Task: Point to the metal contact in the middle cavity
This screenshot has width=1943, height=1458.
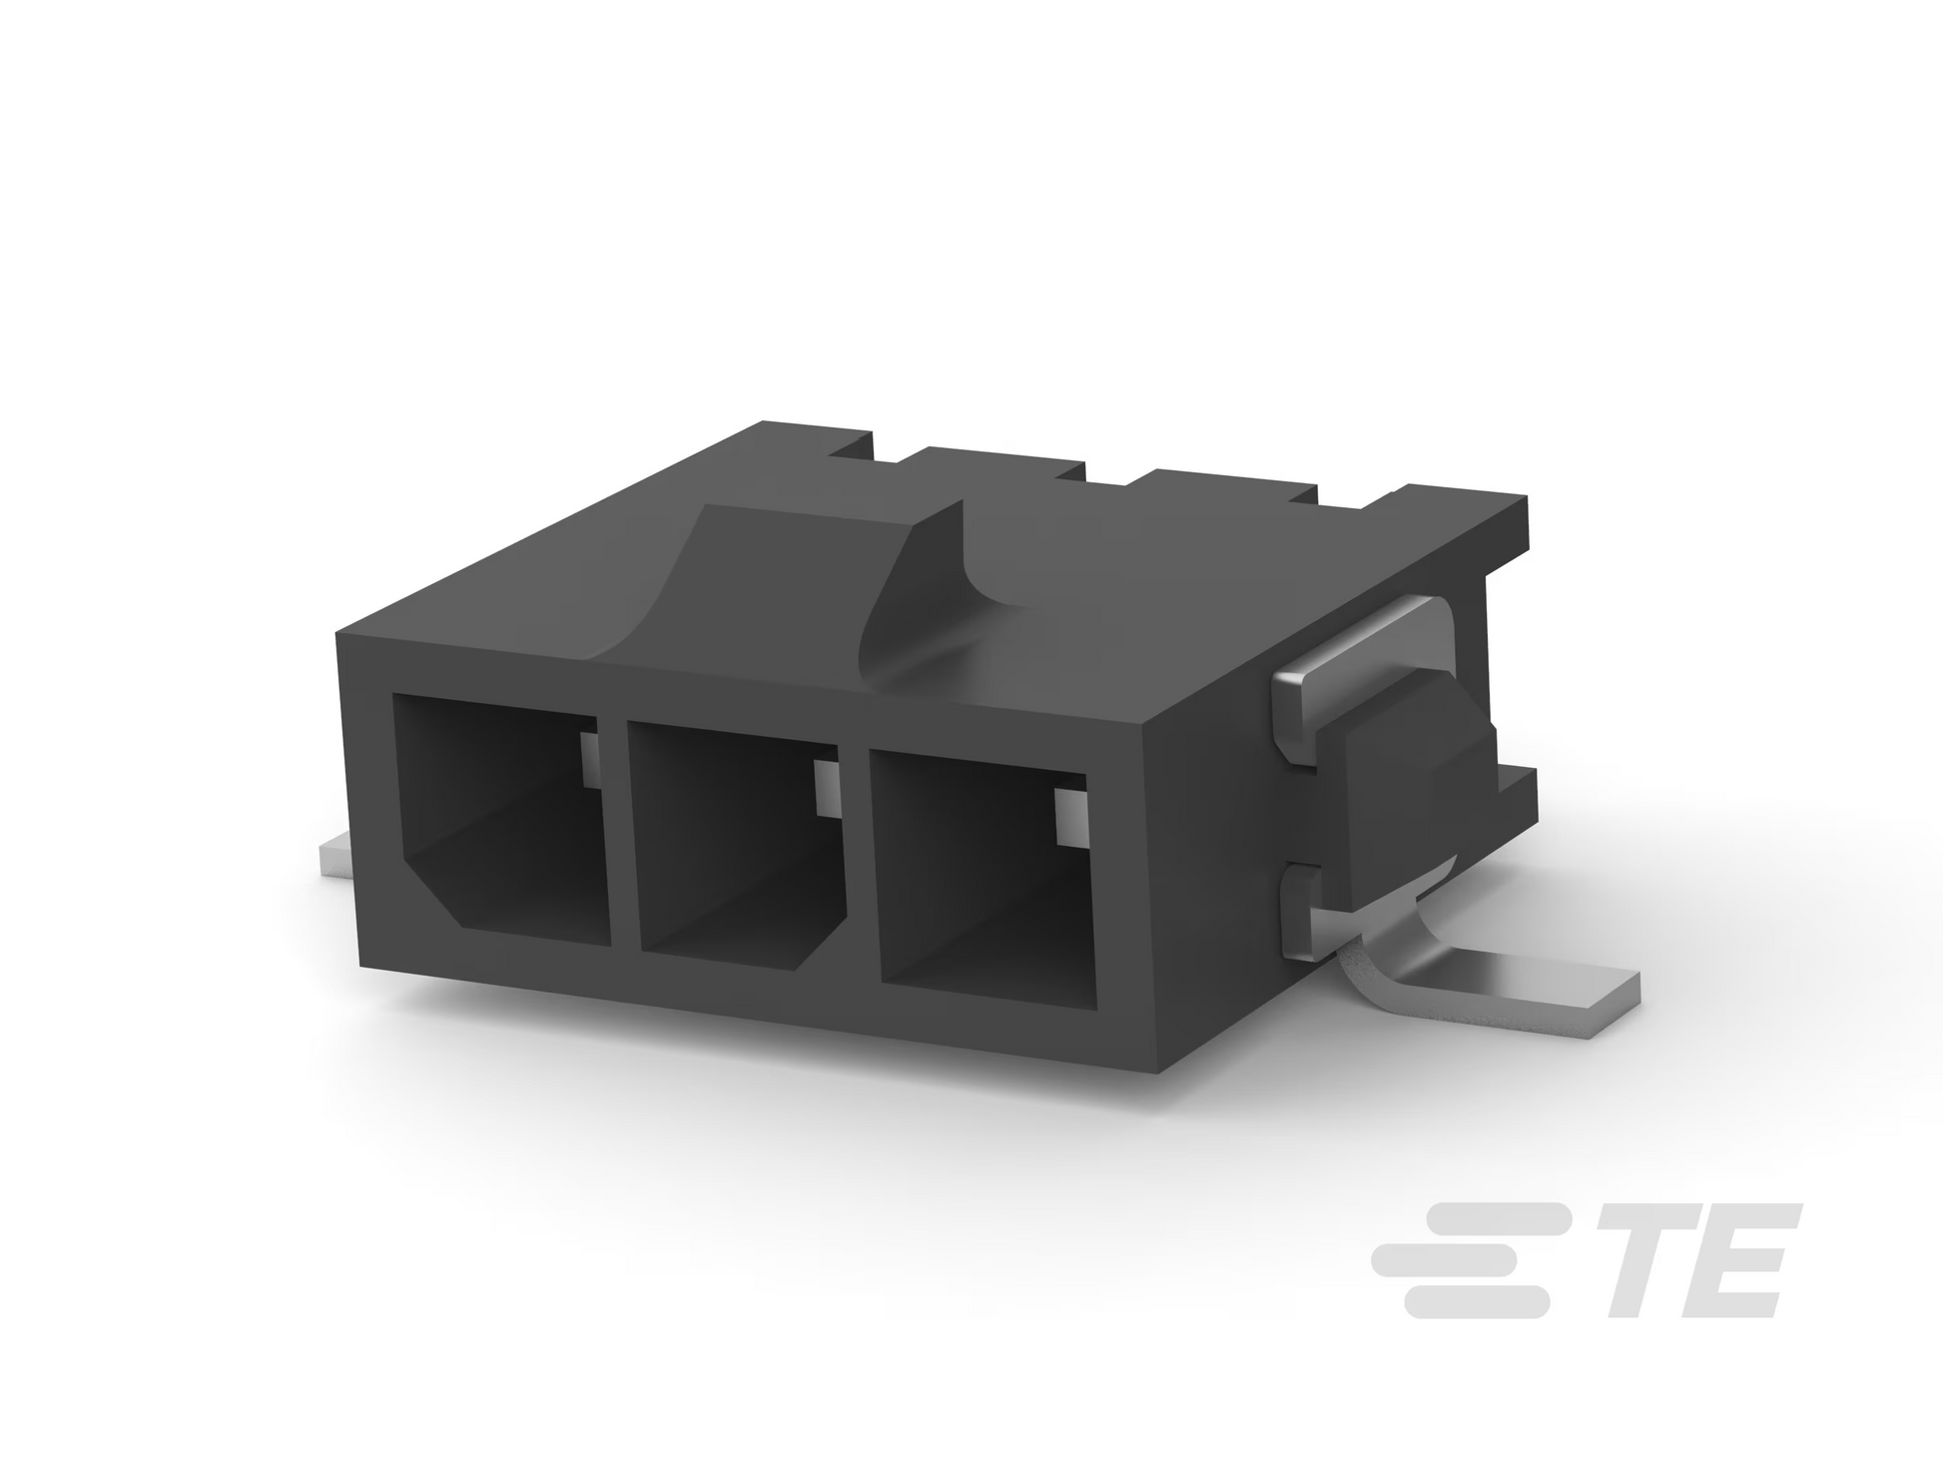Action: point(828,789)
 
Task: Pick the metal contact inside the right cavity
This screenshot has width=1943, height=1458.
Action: point(1069,815)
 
